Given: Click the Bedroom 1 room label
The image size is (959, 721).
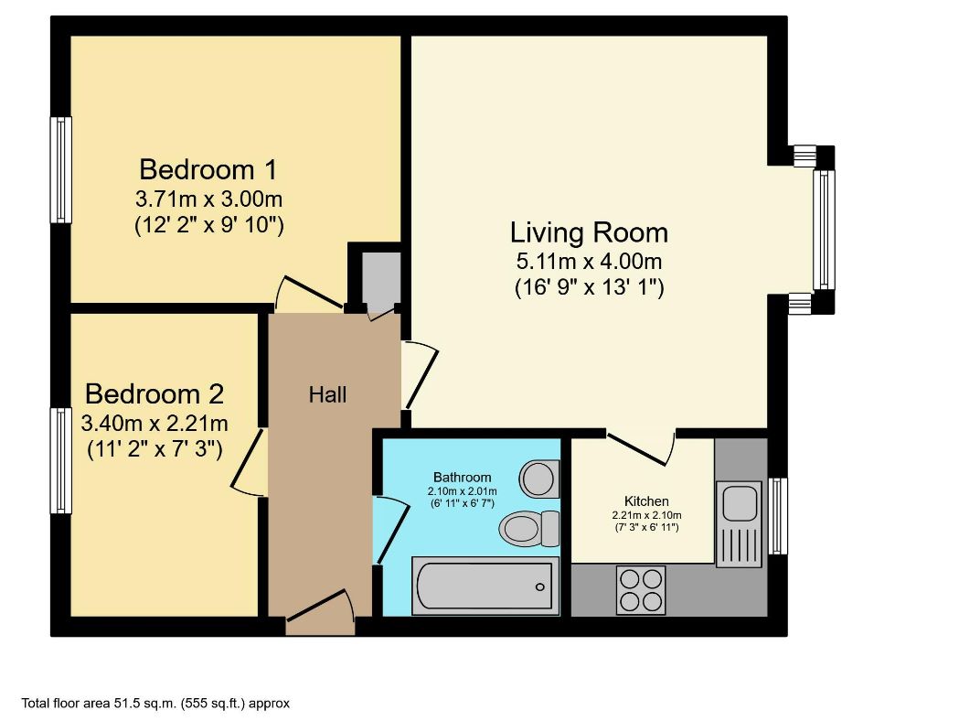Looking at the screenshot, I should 208,169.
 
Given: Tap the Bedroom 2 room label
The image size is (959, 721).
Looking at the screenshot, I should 154,394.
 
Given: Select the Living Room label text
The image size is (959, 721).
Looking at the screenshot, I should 589,232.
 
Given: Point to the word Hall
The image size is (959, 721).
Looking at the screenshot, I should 327,395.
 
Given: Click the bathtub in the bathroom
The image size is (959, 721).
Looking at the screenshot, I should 484,585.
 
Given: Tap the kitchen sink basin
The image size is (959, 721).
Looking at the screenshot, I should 738,502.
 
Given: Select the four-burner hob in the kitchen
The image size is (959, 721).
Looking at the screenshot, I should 641,590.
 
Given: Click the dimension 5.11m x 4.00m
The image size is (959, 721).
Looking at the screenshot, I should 589,263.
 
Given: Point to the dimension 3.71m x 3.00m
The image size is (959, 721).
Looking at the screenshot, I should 208,199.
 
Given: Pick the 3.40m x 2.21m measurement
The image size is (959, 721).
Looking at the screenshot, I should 154,424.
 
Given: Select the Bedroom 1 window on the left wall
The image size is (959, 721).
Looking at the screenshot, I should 60,170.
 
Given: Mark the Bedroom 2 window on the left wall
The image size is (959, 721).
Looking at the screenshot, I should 60,460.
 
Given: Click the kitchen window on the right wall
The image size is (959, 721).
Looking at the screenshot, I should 778,515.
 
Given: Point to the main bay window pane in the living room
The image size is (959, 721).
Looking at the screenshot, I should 824,230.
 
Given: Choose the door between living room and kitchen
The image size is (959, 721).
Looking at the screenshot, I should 641,447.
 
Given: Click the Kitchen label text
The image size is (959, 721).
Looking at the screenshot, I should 646,501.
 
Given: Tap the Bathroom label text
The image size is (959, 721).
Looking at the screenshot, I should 462,477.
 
